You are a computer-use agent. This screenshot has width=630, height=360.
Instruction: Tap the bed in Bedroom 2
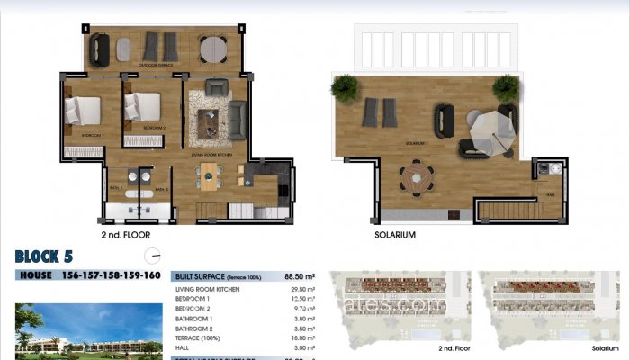coord(142,108)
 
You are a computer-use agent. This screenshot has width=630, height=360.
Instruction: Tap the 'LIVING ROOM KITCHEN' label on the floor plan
coord(212,156)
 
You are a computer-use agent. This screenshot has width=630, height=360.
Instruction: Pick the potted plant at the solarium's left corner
coord(344,87)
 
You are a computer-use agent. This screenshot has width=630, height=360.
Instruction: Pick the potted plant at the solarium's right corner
coord(506,87)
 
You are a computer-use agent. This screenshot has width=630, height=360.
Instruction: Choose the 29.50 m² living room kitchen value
coord(304,289)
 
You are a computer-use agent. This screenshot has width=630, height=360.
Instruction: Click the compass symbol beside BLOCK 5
coord(150,256)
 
